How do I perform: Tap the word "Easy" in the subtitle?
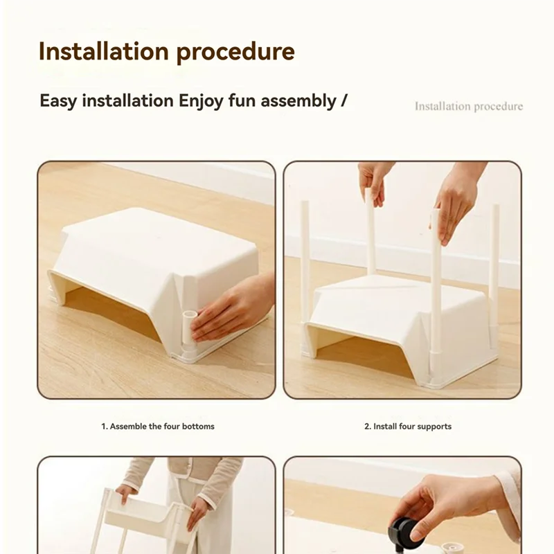(x=58, y=101)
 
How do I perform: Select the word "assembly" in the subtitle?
(x=302, y=101)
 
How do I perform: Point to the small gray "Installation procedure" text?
(x=469, y=107)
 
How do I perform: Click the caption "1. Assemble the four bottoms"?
(x=158, y=427)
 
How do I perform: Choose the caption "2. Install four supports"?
(x=408, y=427)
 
